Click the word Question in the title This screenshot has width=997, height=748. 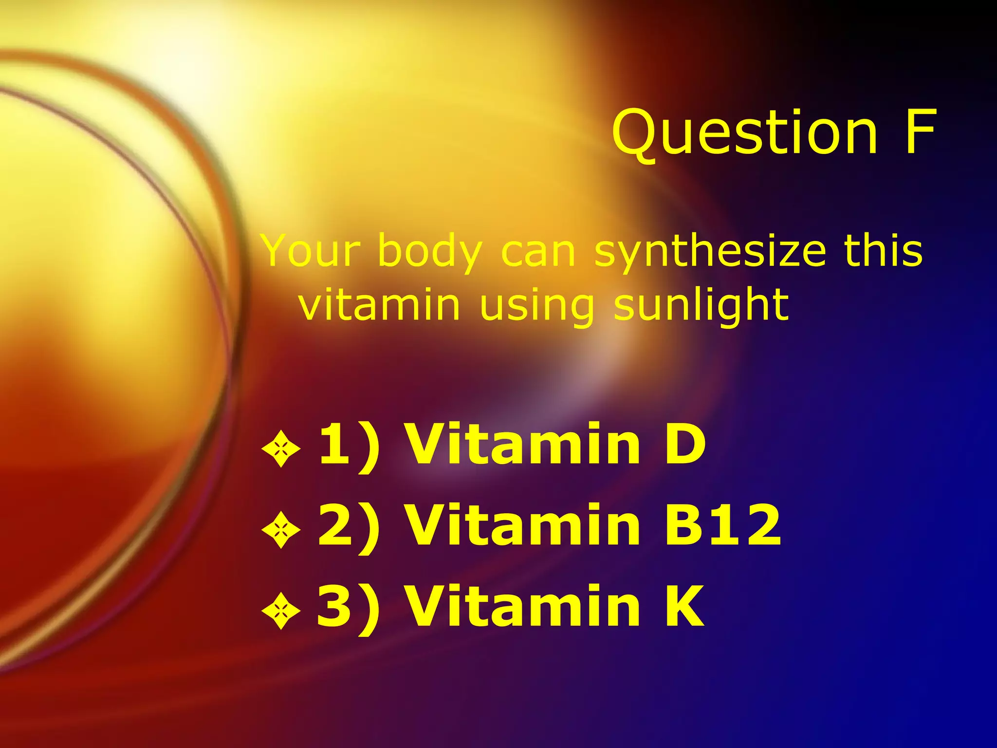745,132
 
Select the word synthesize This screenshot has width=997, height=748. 710,252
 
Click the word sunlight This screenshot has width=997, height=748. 701,305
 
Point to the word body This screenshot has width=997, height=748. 430,252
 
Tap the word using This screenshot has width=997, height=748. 536,305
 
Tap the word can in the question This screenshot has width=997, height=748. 538,252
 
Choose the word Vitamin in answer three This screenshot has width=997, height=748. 523,606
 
